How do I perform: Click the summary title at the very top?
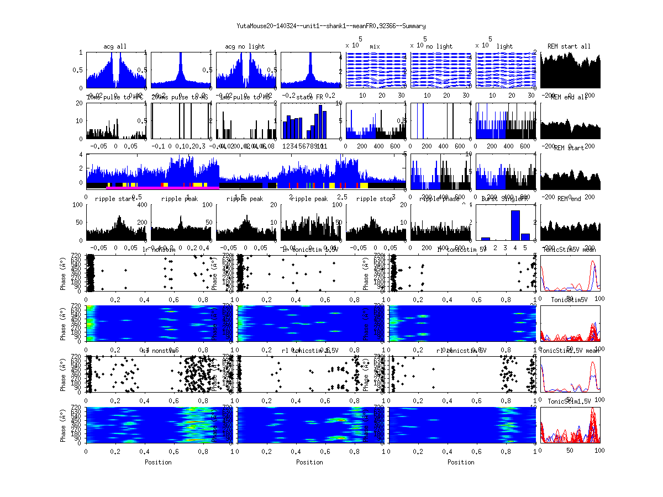coord(331,26)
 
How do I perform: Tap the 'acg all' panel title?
coord(115,46)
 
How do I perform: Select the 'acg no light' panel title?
coord(245,46)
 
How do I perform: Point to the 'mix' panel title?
coord(375,46)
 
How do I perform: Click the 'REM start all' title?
coord(569,46)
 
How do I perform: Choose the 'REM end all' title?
coord(569,97)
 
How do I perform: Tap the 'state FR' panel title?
coord(310,97)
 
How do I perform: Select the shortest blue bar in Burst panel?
coord(486,239)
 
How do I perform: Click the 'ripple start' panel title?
coord(115,199)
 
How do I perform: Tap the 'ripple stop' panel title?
coord(375,199)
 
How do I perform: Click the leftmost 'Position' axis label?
coord(158,462)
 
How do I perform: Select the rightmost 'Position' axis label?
coord(461,462)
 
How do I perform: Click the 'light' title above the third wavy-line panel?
coord(505,46)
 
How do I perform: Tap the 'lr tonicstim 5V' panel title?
coord(461,250)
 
